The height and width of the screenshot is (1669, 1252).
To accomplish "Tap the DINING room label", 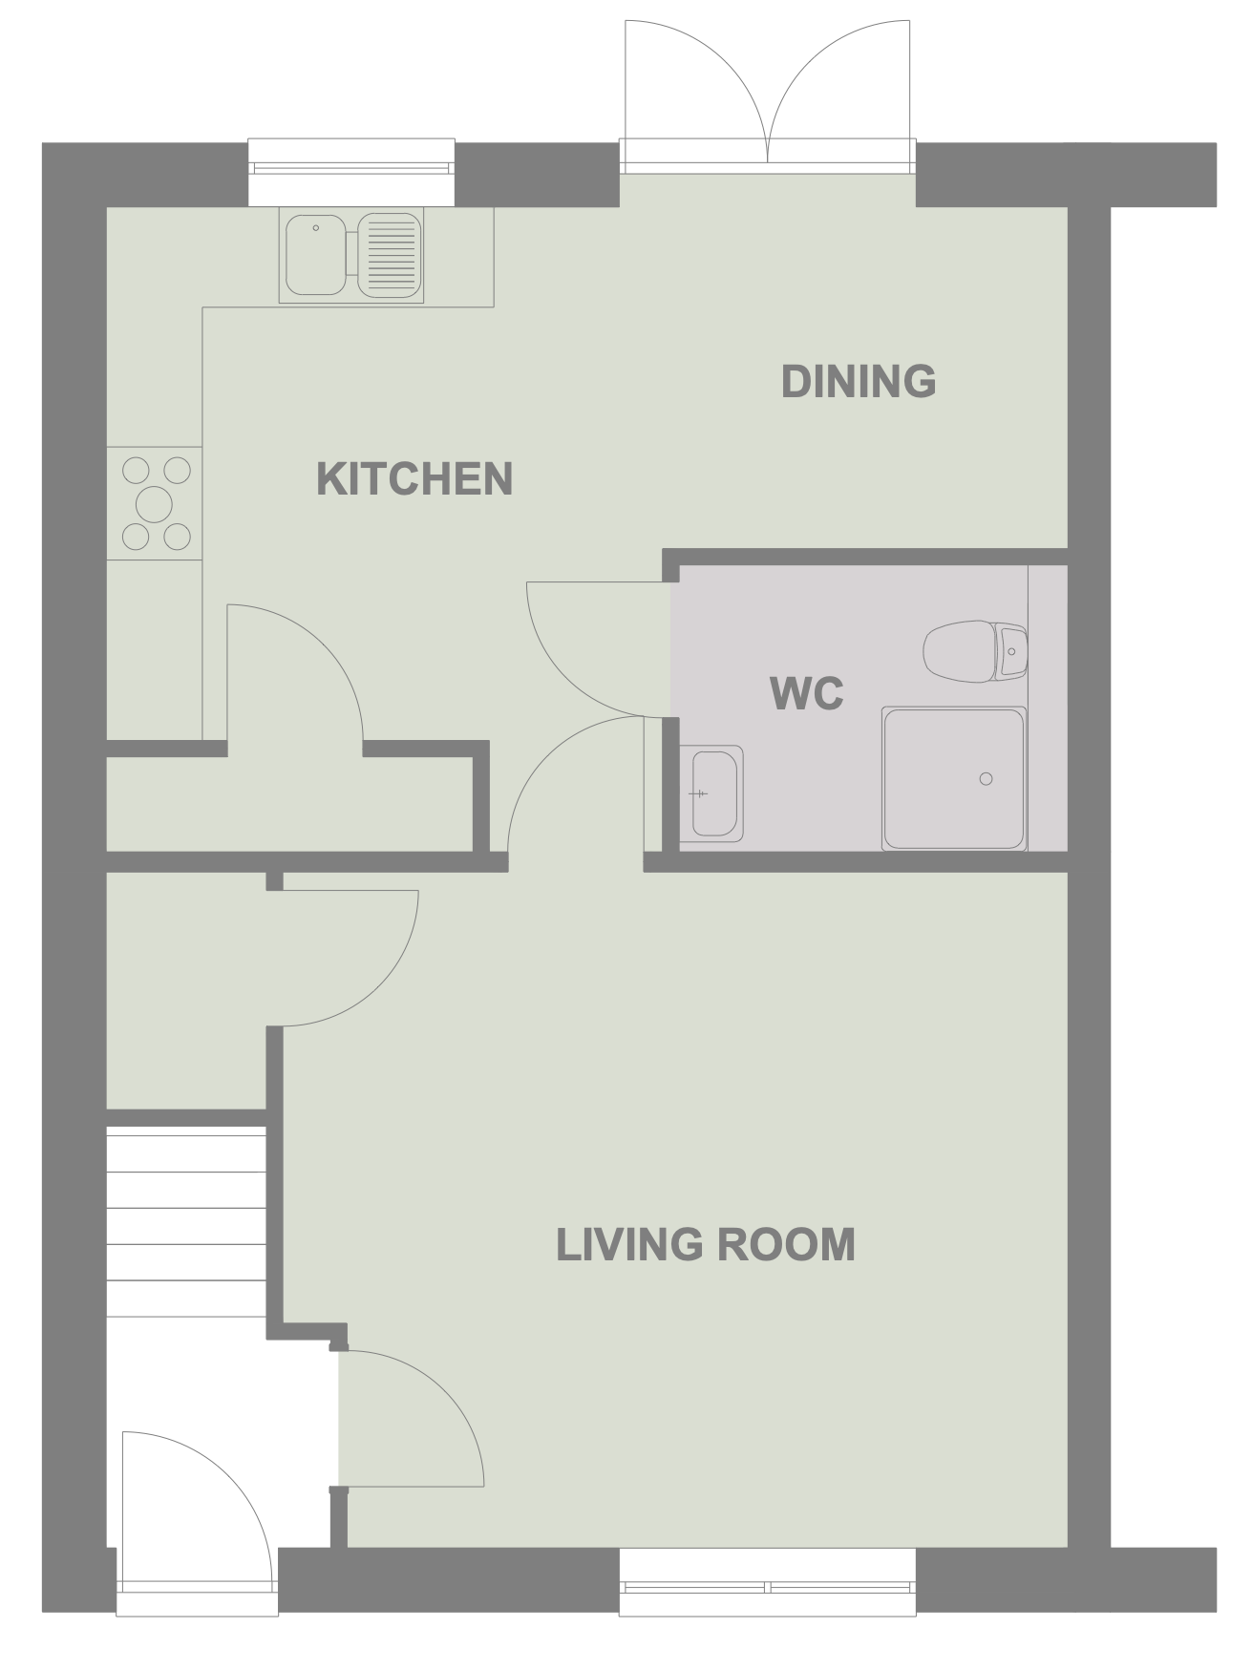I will pyautogui.click(x=858, y=382).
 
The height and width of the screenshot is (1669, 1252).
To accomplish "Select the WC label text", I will pyautogui.click(x=807, y=693).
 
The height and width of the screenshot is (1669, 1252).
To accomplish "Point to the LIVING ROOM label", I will pyautogui.click(x=705, y=1245).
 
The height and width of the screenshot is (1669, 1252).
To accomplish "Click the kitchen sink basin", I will pyautogui.click(x=316, y=254).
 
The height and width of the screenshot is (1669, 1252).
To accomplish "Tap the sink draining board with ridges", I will pyautogui.click(x=390, y=254).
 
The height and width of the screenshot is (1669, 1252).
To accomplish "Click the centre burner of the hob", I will pyautogui.click(x=155, y=503).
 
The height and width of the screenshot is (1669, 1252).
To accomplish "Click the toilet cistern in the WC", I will pyautogui.click(x=1010, y=651).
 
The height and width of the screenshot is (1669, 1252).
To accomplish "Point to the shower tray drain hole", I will pyautogui.click(x=986, y=779).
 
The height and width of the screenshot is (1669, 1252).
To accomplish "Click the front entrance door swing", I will pyautogui.click(x=196, y=1509).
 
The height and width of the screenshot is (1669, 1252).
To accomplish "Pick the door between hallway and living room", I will pyautogui.click(x=411, y=1423).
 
